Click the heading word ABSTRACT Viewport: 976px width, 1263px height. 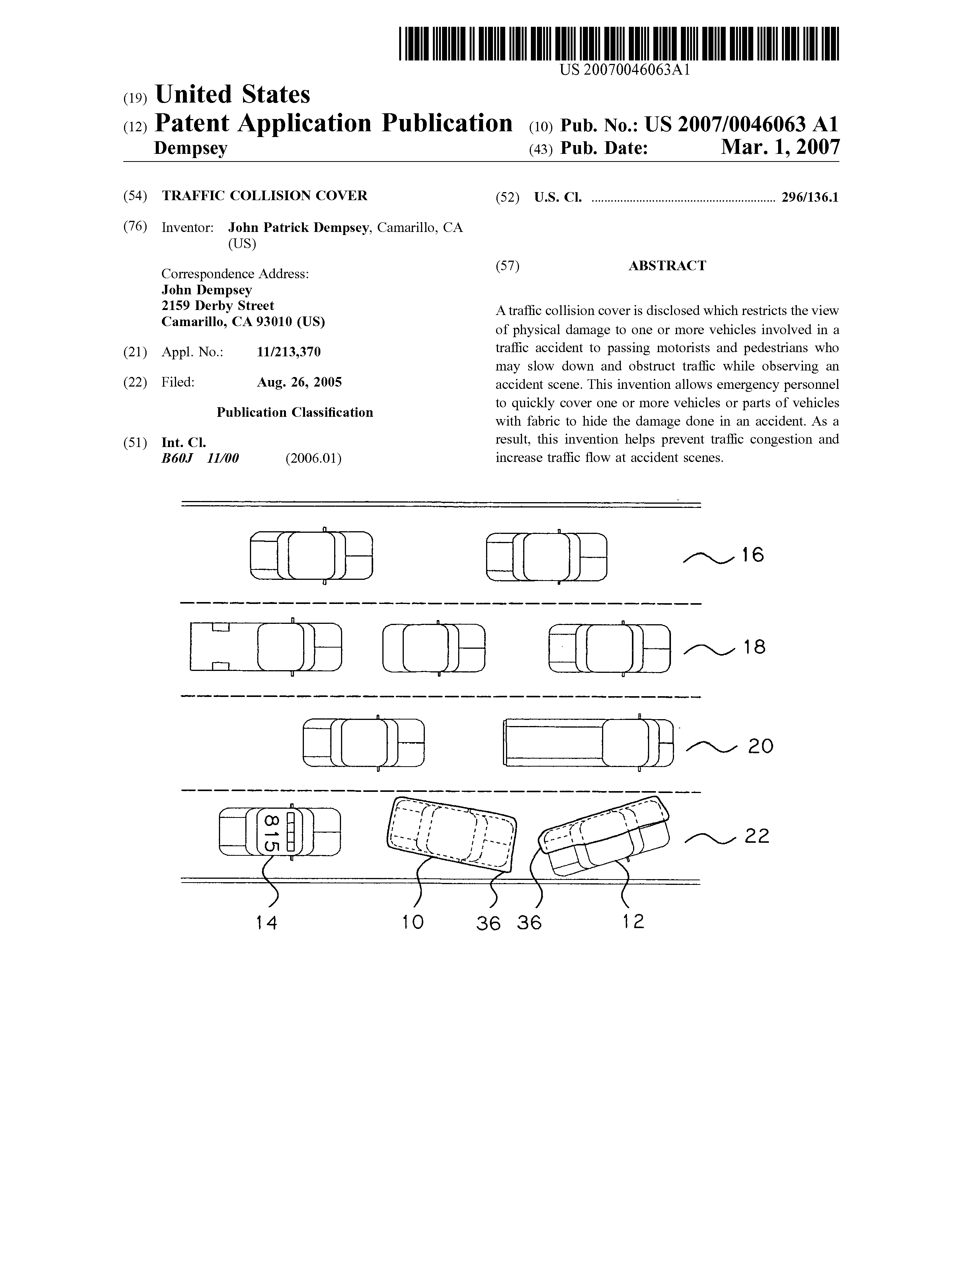pos(667,266)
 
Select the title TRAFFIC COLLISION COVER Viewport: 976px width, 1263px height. pos(264,196)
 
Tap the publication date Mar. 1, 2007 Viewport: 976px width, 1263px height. pos(780,147)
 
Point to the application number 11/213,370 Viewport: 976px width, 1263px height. pos(289,352)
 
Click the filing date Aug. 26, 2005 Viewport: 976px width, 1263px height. pos(299,382)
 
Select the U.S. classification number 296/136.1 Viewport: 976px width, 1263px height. pos(810,198)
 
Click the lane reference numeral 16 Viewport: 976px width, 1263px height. pos(753,555)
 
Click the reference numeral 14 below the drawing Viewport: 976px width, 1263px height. pos(266,923)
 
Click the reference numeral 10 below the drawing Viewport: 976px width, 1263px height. pos(413,922)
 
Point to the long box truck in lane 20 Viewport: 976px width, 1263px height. pos(589,742)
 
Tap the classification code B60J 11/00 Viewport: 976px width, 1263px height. pos(200,459)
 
